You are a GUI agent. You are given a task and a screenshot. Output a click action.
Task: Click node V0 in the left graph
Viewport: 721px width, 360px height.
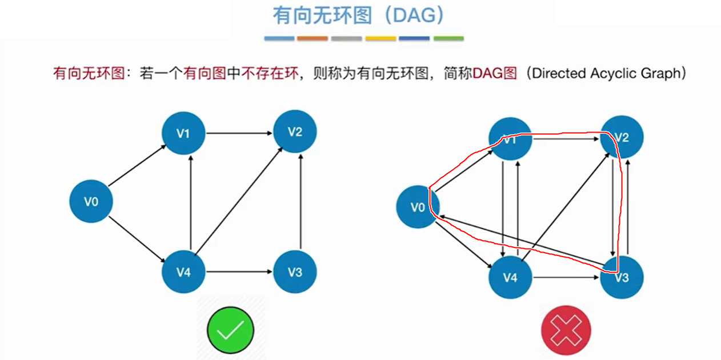[91, 201]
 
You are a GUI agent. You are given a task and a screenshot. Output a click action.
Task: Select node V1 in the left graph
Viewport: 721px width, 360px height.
[183, 133]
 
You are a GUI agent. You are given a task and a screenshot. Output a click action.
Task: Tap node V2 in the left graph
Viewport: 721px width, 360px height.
[295, 132]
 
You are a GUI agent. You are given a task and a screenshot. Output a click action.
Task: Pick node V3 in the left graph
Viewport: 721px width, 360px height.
[295, 271]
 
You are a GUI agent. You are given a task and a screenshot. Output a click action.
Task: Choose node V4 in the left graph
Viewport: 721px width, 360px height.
[183, 271]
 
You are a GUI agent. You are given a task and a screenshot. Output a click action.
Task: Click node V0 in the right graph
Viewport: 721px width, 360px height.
[418, 207]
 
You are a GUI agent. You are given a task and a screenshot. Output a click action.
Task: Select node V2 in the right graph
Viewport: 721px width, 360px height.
[622, 138]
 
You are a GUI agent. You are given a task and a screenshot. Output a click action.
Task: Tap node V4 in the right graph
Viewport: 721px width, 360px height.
[510, 278]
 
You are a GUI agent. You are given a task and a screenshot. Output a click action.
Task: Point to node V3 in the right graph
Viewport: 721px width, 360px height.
[622, 278]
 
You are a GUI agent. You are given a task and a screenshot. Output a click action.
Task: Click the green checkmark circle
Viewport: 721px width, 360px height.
[230, 330]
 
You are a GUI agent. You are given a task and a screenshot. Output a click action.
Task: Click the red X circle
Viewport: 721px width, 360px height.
[566, 330]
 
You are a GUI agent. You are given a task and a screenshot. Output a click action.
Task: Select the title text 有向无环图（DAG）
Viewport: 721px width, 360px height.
[358, 15]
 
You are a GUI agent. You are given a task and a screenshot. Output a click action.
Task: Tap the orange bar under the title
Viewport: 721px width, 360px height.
[313, 38]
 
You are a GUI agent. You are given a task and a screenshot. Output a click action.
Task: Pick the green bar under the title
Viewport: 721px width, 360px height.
[448, 38]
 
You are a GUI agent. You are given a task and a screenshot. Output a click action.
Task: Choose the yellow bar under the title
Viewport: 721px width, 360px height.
[380, 38]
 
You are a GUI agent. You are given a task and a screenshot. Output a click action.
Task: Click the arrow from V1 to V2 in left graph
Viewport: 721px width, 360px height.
[239, 133]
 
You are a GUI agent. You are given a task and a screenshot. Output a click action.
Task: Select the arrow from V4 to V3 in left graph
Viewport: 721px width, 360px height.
[239, 271]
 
